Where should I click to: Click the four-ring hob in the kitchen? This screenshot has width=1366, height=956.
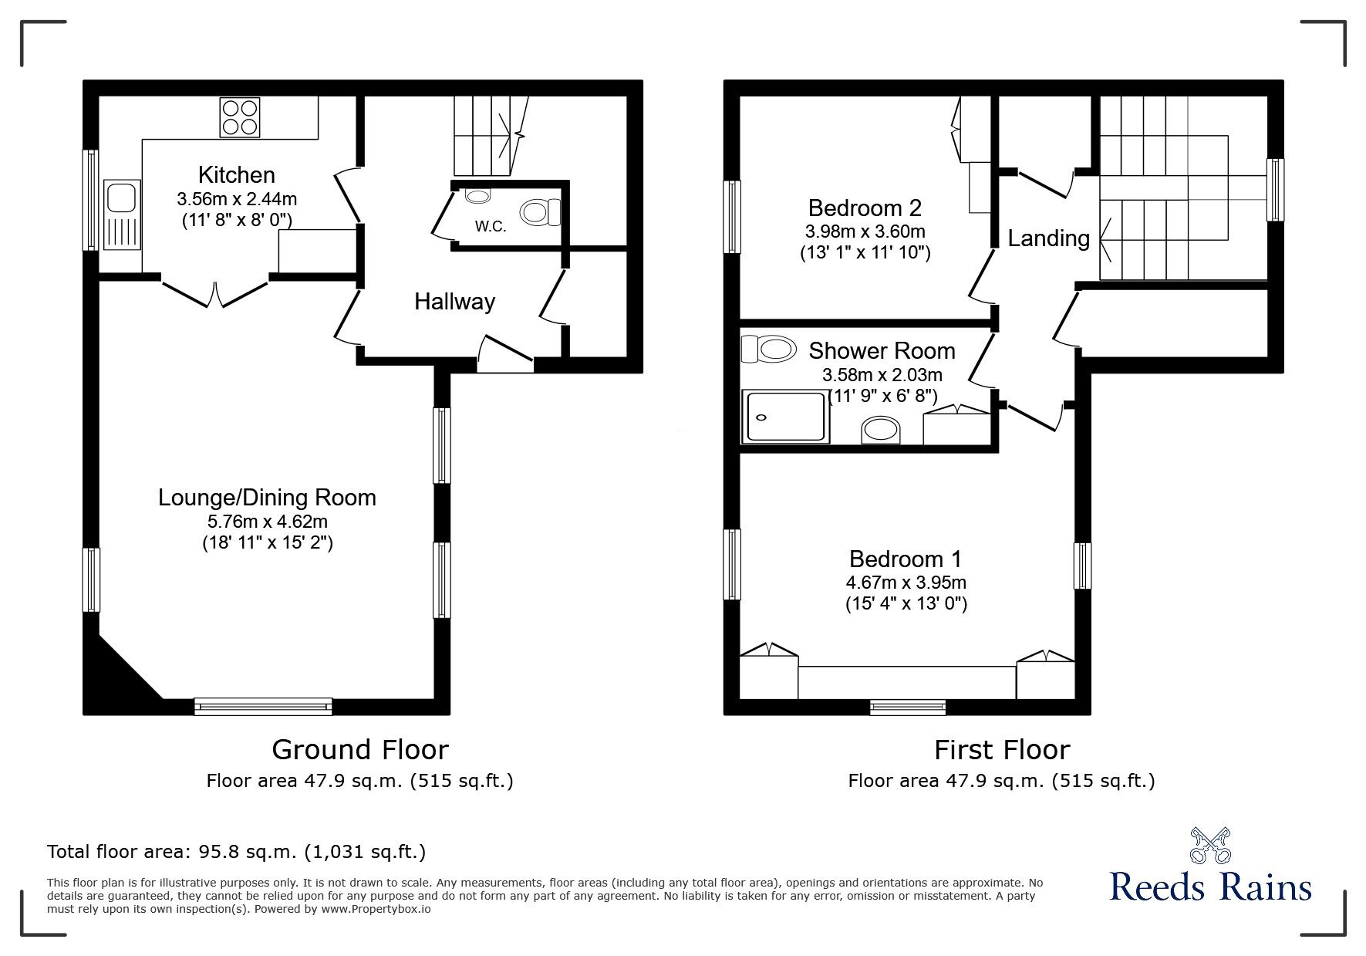(239, 117)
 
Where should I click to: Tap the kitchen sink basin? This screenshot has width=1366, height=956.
(121, 198)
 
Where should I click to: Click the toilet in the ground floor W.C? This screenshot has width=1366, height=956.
(540, 211)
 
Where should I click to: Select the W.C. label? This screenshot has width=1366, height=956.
(491, 227)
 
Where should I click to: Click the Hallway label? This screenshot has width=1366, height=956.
(454, 302)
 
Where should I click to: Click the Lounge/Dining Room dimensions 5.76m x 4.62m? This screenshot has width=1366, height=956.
(266, 522)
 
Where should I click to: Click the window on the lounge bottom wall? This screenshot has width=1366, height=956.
(263, 705)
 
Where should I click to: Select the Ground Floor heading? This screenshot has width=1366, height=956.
(359, 749)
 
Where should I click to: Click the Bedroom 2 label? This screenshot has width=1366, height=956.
(865, 208)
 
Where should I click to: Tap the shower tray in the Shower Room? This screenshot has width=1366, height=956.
(784, 417)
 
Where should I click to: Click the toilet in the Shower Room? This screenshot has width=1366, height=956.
(768, 350)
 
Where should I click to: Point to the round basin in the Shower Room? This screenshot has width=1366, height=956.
(880, 430)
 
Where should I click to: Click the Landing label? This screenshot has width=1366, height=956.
(1048, 238)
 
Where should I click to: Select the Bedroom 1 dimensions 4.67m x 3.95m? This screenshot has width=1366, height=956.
(906, 583)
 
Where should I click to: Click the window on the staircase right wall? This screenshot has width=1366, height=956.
(1275, 190)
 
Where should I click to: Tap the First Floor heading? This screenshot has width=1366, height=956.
(1001, 749)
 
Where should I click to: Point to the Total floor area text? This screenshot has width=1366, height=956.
(236, 852)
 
